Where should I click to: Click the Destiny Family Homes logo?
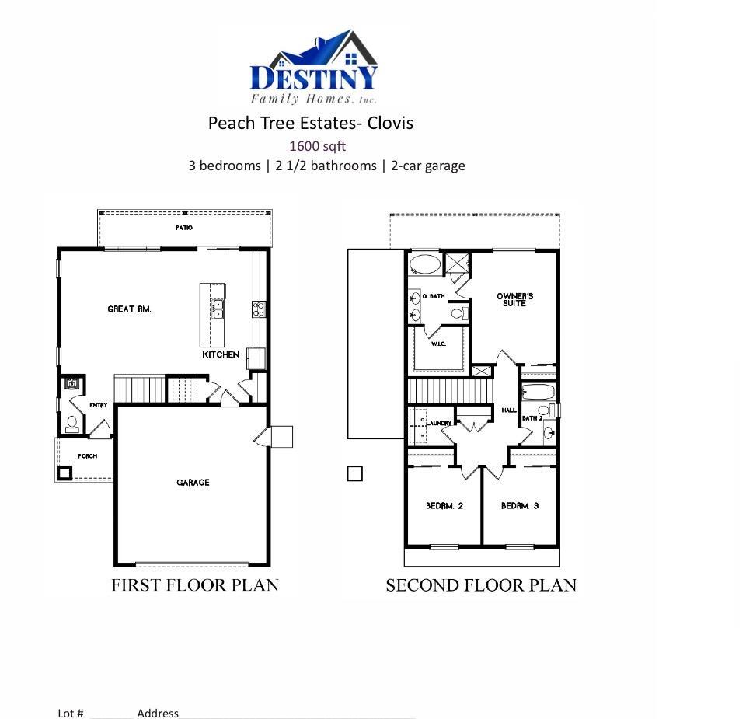pos(314,68)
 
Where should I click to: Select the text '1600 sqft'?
pos(317,145)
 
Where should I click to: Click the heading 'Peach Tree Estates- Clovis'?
pos(310,123)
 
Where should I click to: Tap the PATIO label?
pos(183,228)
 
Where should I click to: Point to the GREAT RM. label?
pos(129,309)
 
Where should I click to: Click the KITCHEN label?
pos(221,354)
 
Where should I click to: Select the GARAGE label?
pos(193,483)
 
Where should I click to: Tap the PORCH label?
pos(87,456)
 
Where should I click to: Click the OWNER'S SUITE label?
pos(514,300)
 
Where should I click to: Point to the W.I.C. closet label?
pos(438,344)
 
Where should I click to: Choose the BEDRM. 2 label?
pos(444,506)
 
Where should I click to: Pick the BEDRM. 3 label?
pos(520,506)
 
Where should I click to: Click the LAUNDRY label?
pos(439,423)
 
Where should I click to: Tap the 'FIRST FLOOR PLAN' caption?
pos(194,585)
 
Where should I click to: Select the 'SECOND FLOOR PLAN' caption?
pos(481,585)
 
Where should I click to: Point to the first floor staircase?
pos(141,388)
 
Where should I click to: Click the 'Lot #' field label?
pos(71,713)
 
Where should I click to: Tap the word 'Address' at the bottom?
pos(158,713)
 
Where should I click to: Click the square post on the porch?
pos(64,472)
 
